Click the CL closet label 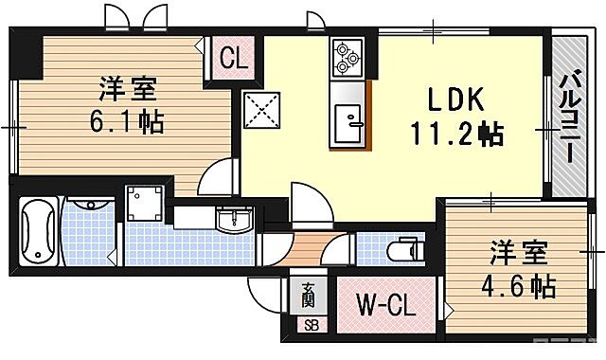coord(233,59)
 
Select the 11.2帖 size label coord(455,135)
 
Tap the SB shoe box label coord(310,326)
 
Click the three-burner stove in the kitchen coord(346,59)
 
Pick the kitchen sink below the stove coord(349,121)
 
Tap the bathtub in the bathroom coord(38,232)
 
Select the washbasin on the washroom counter coord(229,222)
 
